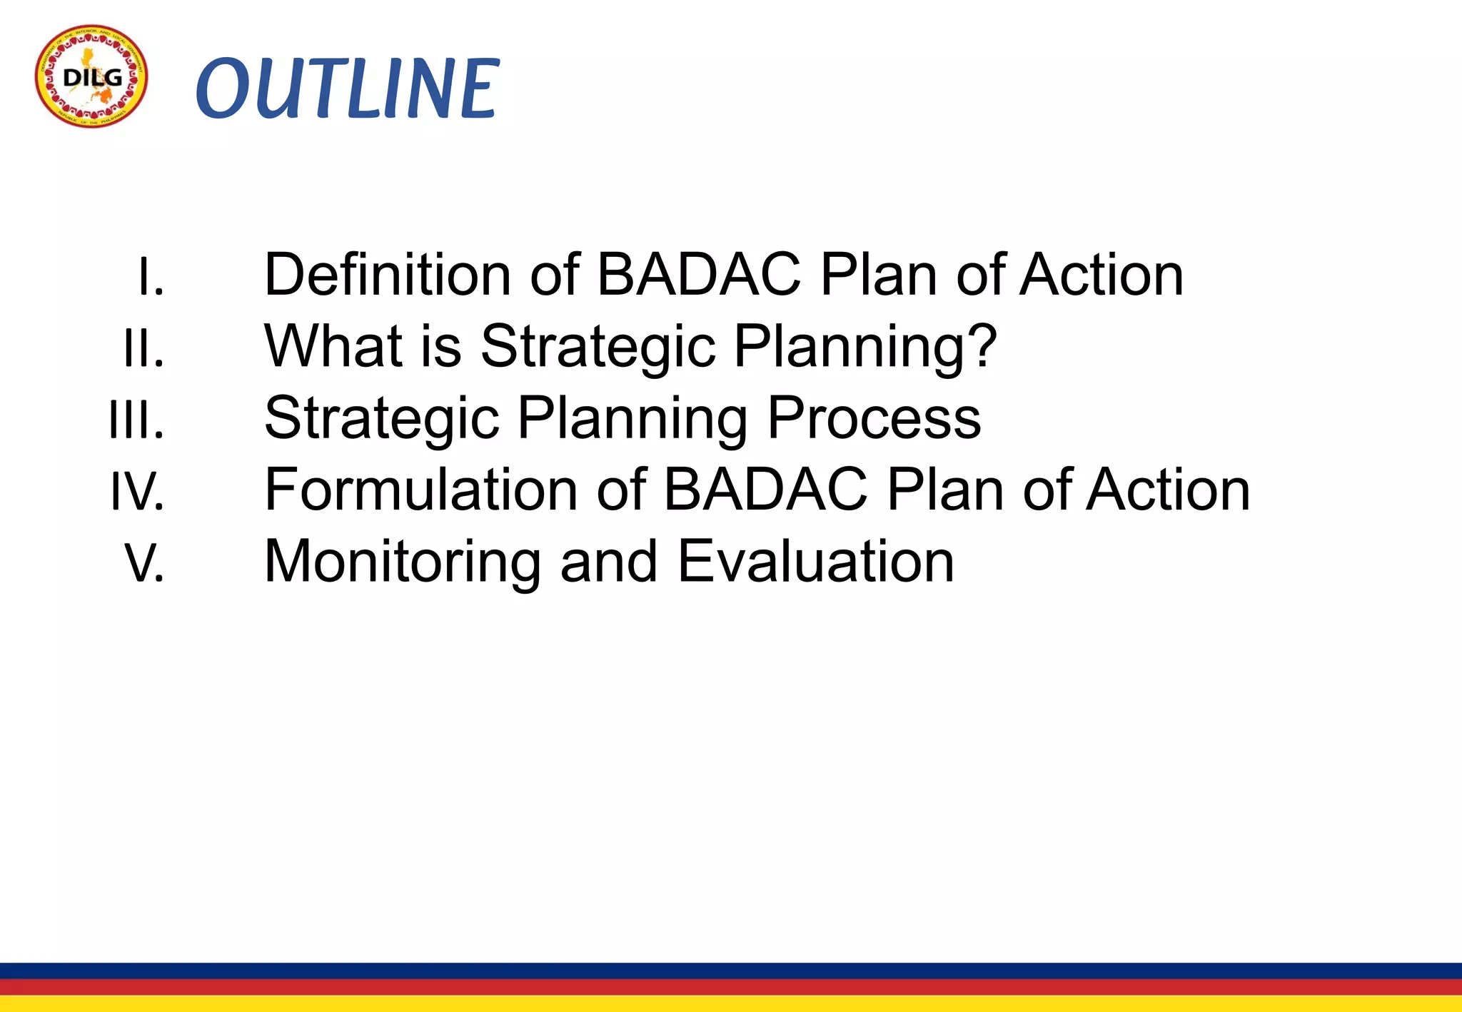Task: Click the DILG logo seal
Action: tap(91, 76)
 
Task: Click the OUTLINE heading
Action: tap(347, 88)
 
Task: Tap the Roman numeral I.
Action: tap(151, 277)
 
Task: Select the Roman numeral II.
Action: tap(143, 348)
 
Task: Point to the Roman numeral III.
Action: tap(136, 420)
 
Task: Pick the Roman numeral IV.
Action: tap(137, 491)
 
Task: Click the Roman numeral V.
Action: tap(145, 562)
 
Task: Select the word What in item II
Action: tap(333, 346)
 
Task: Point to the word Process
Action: tap(874, 418)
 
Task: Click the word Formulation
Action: tap(420, 490)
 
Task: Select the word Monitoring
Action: tap(403, 562)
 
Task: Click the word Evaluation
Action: tap(815, 562)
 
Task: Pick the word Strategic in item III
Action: tap(381, 418)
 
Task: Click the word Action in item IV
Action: tap(1168, 490)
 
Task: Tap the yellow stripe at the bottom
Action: tap(731, 1003)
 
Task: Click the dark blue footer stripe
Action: tap(731, 971)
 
